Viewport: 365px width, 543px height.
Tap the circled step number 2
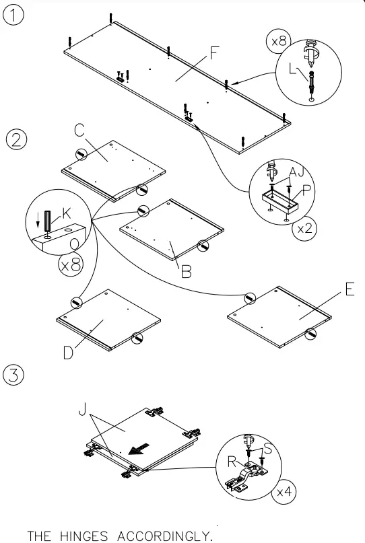[15, 139]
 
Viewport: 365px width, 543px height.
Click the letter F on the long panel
[213, 51]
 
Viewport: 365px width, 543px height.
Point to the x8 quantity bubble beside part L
[277, 41]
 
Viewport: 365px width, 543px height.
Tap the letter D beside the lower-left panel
[69, 351]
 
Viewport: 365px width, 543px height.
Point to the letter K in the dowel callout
[66, 213]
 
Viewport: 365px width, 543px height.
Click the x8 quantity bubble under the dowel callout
[71, 264]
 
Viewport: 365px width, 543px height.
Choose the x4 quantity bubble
[284, 492]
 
